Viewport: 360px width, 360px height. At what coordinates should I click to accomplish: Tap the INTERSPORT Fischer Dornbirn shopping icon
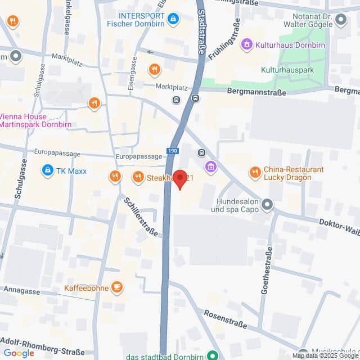tap(174, 19)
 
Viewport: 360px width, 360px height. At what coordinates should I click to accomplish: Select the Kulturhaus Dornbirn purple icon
tap(246, 44)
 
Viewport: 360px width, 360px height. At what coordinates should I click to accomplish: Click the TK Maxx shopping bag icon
tap(48, 170)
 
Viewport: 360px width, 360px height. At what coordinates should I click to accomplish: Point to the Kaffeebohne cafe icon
tap(117, 287)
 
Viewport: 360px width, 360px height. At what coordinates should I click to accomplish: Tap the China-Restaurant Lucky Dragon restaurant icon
tap(255, 172)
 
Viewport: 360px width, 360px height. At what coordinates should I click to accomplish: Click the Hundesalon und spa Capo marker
tap(267, 205)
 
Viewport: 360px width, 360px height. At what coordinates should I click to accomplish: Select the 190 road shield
tap(172, 151)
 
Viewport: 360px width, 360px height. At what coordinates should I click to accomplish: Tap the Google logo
tap(19, 353)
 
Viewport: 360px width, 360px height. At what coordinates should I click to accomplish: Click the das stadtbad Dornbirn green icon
tap(212, 355)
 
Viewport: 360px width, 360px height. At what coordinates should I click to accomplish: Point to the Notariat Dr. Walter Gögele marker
tap(341, 21)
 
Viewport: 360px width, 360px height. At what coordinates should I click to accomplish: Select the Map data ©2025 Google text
tap(325, 355)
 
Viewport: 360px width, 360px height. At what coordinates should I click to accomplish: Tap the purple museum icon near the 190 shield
tap(211, 166)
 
